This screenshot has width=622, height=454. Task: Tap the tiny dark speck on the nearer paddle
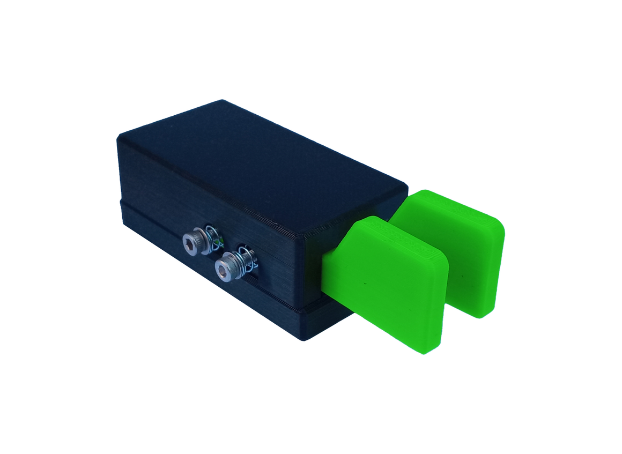point(365,282)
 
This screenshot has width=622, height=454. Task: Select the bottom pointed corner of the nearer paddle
point(424,351)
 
